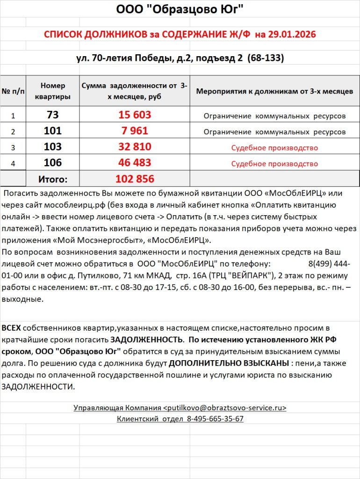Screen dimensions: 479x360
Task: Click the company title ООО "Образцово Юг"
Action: [180, 9]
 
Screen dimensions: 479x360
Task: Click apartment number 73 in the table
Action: [53, 115]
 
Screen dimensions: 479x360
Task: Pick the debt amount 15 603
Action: [135, 115]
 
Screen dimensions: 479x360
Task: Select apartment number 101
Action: [53, 131]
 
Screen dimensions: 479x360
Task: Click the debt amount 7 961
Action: [135, 131]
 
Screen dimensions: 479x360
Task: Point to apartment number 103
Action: [53, 147]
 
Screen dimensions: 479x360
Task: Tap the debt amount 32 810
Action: [135, 147]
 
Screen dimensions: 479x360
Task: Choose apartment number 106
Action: [53, 163]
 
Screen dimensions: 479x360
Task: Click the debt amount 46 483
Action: [135, 163]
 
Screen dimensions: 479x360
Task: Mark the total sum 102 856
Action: [135, 179]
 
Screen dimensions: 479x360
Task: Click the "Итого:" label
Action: [53, 179]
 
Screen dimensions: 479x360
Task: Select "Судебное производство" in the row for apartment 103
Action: [274, 148]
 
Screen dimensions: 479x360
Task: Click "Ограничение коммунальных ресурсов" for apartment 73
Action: [274, 116]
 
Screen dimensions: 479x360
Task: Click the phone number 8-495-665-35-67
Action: [215, 419]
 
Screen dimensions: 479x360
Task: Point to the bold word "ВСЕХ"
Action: [11, 327]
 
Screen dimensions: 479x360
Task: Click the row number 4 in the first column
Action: [13, 163]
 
